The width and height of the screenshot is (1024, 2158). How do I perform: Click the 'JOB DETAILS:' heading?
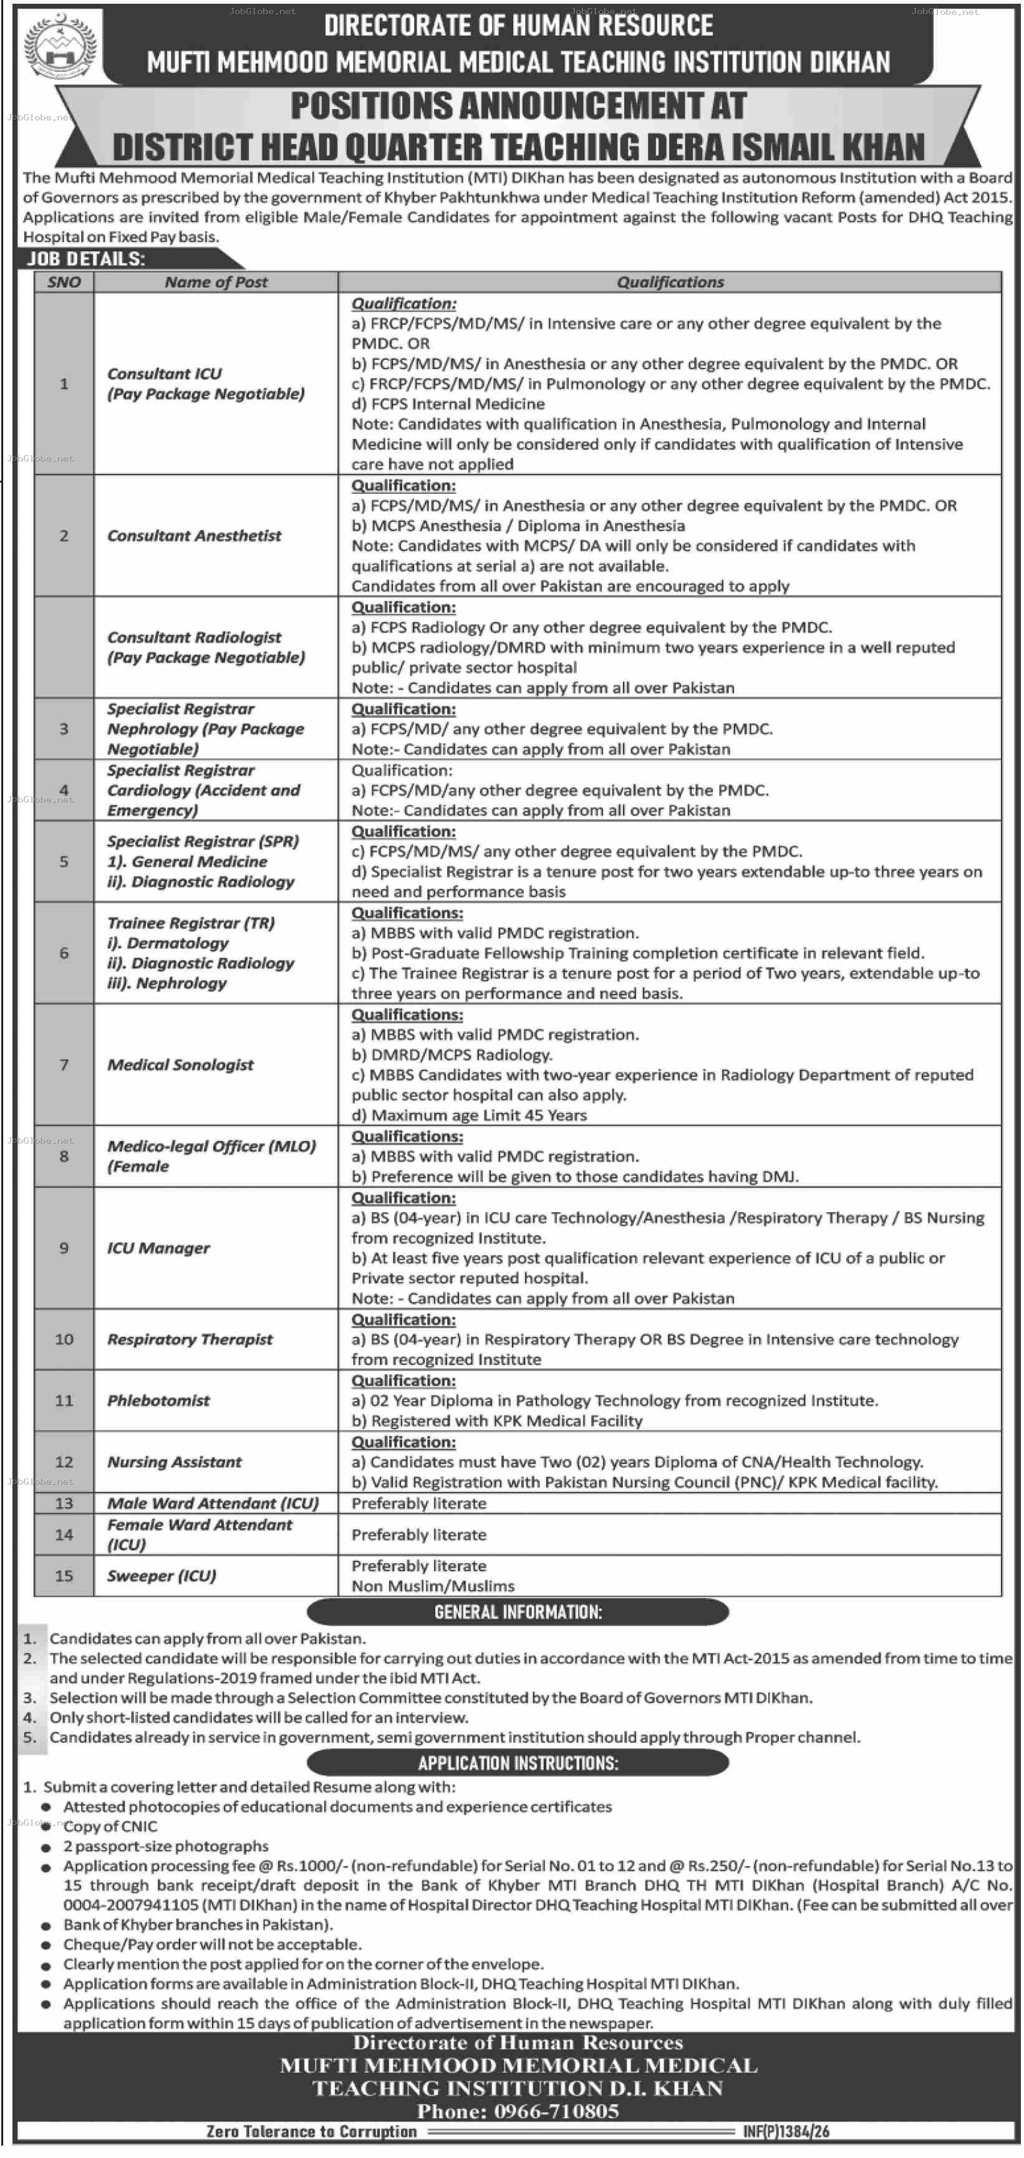86,258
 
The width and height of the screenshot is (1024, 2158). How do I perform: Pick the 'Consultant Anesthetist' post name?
193,536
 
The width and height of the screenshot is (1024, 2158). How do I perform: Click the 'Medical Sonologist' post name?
180,1065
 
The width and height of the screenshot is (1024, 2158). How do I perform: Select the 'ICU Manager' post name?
158,1248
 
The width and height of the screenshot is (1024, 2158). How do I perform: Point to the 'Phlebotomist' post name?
158,1400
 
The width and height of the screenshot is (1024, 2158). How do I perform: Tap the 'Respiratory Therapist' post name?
190,1339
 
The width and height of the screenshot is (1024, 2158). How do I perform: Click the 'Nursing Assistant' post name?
173,1462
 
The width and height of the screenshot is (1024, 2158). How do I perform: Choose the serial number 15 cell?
64,1576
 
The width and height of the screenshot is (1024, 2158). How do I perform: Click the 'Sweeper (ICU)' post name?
161,1576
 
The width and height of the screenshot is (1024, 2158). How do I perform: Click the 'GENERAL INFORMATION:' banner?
517,1612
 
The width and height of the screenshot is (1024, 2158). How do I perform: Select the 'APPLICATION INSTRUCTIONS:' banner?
517,1763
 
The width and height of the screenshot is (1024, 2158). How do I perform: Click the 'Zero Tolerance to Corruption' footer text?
311,2131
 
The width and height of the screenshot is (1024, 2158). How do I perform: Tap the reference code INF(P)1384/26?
785,2131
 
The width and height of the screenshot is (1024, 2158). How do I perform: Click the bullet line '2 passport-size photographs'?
166,1846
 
